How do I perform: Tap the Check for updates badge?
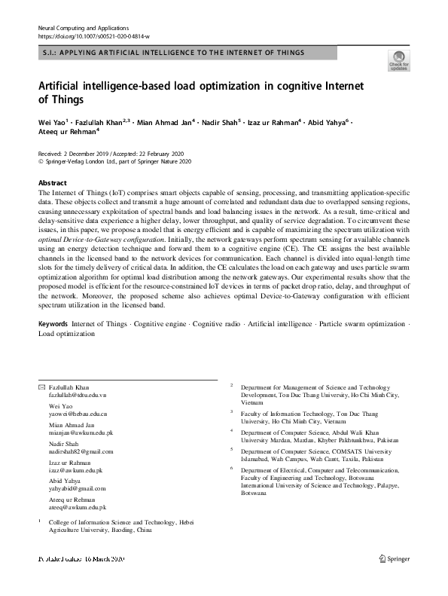398,60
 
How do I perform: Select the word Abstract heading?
53,183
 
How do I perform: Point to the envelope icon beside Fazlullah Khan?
42,386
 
